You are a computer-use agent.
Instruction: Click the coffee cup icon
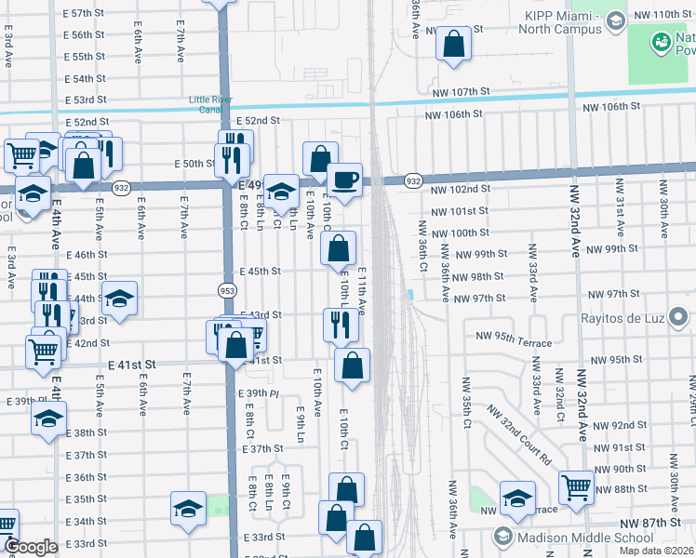point(344,179)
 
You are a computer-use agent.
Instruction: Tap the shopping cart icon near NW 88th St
point(576,485)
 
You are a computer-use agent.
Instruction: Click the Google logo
point(30,547)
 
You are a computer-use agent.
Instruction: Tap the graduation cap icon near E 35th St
point(188,509)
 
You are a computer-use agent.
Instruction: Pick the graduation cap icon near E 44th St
point(119,299)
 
